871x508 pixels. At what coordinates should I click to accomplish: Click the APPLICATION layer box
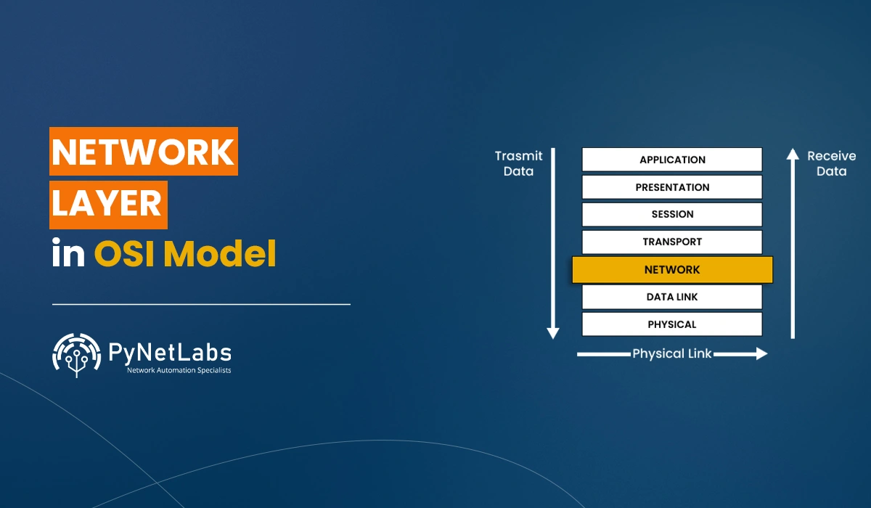672,160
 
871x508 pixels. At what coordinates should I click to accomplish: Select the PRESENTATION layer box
672,187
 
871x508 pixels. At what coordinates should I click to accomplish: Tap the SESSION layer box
672,214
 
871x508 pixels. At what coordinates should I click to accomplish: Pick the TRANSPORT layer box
672,242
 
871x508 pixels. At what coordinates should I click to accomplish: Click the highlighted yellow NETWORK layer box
672,269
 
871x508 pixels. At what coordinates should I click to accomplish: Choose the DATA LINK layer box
672,297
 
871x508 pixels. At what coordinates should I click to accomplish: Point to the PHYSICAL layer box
672,324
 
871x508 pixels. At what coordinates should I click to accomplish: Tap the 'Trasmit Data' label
518,163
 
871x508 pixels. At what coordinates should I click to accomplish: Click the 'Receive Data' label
832,163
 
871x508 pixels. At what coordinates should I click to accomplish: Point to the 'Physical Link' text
672,354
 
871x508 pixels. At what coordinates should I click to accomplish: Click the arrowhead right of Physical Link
761,354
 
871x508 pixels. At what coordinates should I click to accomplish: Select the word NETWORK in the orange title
144,152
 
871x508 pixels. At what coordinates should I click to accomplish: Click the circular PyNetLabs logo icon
76,356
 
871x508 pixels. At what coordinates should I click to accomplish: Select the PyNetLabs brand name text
169,353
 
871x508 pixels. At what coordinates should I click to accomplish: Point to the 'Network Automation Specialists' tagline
179,370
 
